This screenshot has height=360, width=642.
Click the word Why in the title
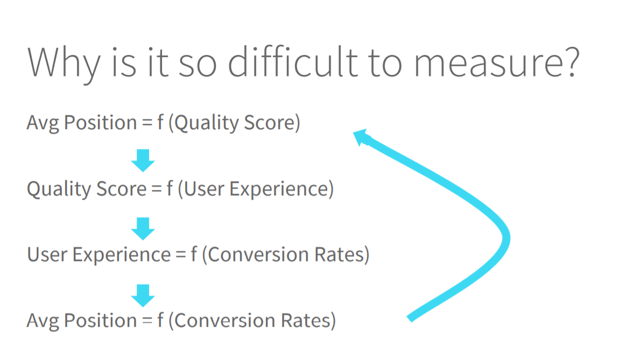(x=64, y=63)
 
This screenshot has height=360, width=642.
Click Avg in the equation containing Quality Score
(x=43, y=123)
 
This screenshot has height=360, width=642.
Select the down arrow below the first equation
(x=143, y=160)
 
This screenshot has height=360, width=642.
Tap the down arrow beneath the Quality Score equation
(x=143, y=229)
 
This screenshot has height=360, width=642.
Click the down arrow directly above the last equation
(x=143, y=295)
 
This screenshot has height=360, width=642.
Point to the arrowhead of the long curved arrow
(x=361, y=137)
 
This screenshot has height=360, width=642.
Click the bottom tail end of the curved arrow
(x=410, y=319)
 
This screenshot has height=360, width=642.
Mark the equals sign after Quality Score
(x=157, y=189)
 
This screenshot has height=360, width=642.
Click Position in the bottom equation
(x=100, y=321)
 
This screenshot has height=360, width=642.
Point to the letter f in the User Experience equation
(x=194, y=254)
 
